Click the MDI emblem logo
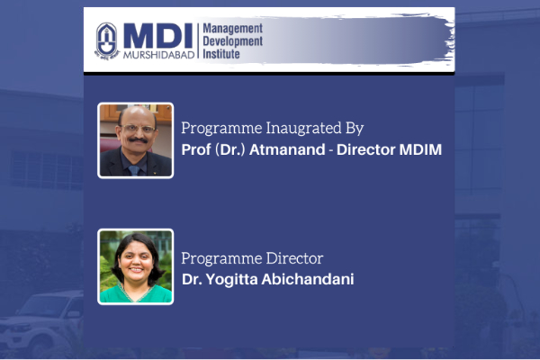pos(107,41)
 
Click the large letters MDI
pos(158,36)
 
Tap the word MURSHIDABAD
pos(158,55)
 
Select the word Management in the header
pos(233,29)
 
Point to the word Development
pos(233,41)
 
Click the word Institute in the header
pos(221,54)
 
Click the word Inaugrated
pos(304,128)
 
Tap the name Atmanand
pos(287,149)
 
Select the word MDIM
pos(420,149)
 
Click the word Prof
pos(196,149)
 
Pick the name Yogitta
pos(232,279)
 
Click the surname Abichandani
pos(308,279)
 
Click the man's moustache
pos(138,139)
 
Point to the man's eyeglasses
pos(138,130)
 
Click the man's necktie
pos(134,170)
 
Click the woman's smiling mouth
pos(137,270)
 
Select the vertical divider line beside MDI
pos(198,40)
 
